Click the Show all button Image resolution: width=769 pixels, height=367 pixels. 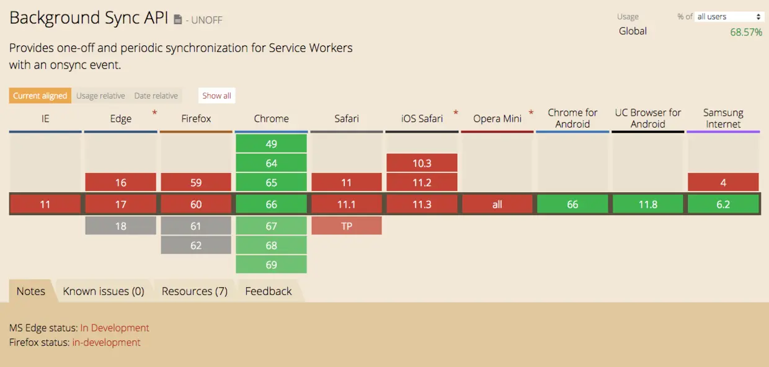[x=216, y=95]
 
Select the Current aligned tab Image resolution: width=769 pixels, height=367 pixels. [x=40, y=95]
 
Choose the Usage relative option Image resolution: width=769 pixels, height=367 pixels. [x=100, y=95]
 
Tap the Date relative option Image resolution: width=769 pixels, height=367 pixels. [x=156, y=95]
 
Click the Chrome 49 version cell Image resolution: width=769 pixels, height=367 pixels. [x=271, y=143]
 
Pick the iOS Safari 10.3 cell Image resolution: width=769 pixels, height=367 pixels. [x=422, y=162]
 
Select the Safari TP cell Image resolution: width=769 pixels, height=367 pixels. [x=347, y=226]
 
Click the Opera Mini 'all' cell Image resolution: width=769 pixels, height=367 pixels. [x=497, y=205]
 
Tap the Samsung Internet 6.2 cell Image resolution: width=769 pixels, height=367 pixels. [x=723, y=205]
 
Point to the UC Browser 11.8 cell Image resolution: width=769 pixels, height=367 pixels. [x=648, y=205]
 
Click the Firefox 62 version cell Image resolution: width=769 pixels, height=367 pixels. [x=196, y=245]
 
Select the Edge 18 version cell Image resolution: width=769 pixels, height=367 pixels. [x=120, y=226]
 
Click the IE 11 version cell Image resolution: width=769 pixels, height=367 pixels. [x=45, y=205]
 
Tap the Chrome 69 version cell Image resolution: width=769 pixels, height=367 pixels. [x=271, y=264]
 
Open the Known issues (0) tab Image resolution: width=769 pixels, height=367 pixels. [x=104, y=291]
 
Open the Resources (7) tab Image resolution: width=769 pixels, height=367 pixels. [x=195, y=291]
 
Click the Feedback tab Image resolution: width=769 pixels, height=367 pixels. [x=269, y=291]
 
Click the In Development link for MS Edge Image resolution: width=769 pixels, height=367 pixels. [x=115, y=328]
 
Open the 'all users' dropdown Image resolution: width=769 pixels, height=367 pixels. [x=729, y=17]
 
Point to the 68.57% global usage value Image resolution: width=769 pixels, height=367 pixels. [x=746, y=32]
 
